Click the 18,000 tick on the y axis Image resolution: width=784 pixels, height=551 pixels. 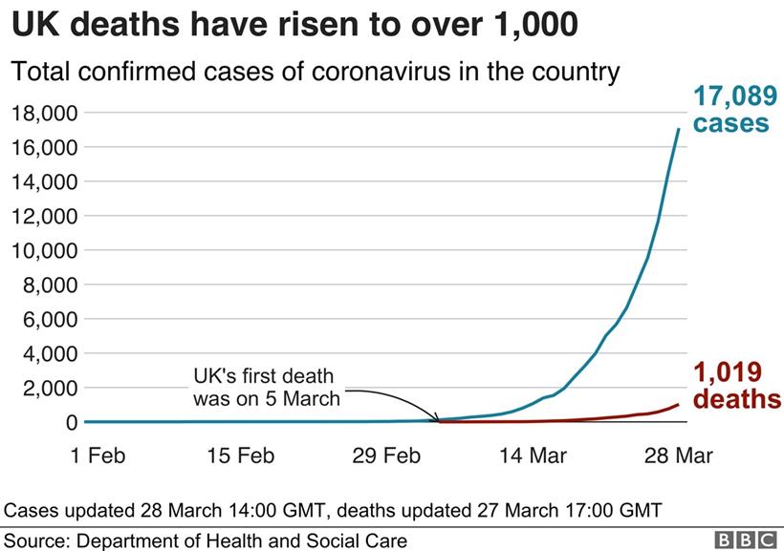click(44, 114)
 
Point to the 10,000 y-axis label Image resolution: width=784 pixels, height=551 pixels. click(44, 251)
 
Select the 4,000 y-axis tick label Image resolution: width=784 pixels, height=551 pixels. click(49, 354)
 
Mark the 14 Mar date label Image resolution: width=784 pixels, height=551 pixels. click(532, 456)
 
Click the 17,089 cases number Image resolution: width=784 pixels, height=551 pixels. click(731, 97)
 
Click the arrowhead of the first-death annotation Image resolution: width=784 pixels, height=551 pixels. click(436, 418)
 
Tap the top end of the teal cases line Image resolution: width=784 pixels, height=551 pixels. click(679, 129)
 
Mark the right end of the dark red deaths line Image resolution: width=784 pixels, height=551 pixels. click(679, 404)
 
